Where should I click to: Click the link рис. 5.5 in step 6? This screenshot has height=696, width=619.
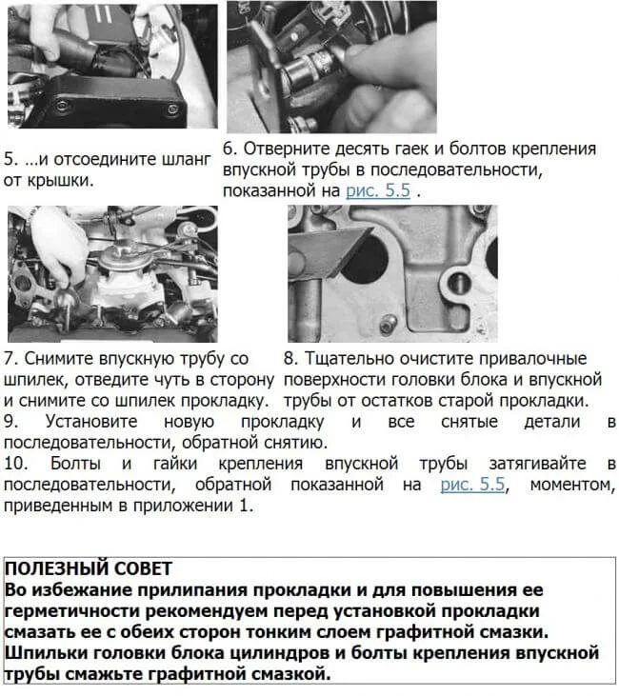click(x=378, y=190)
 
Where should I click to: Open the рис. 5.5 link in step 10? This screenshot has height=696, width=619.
click(x=472, y=484)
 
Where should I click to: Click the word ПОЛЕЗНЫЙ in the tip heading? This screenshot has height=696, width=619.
click(x=55, y=568)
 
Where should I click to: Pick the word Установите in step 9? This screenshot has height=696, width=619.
click(x=91, y=421)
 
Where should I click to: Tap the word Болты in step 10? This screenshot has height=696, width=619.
click(x=75, y=464)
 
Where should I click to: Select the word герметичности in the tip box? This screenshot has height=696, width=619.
click(x=72, y=611)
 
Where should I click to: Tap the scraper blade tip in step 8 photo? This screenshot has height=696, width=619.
click(x=370, y=229)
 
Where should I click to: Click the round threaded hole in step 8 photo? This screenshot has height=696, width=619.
click(x=460, y=283)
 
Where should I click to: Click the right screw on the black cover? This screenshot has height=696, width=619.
click(x=171, y=109)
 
